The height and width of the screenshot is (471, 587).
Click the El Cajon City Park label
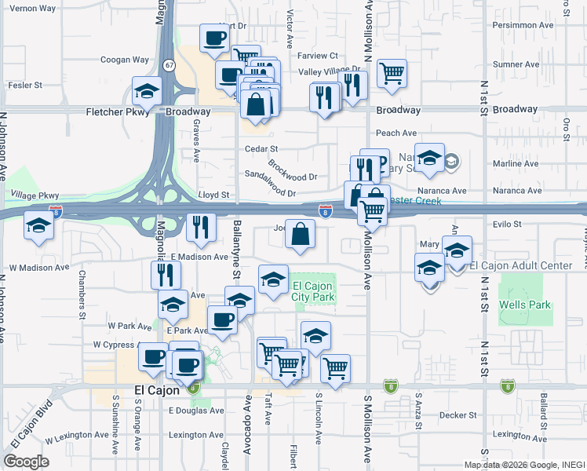coord(314,291)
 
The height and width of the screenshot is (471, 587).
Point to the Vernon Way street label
coord(34,8)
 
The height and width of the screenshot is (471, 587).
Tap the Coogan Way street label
coord(124,60)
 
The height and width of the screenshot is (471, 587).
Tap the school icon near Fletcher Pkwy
coord(147,91)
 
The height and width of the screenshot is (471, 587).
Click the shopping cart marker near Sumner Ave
coord(392,73)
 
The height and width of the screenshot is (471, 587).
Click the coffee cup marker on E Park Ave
coord(222,319)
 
